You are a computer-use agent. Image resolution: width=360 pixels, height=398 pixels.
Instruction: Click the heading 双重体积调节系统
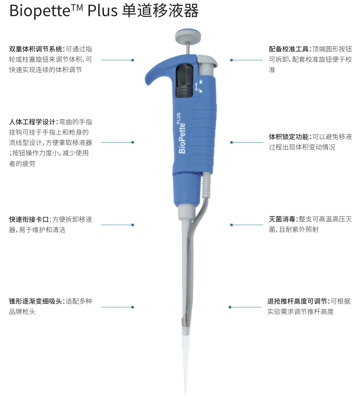[x=36, y=49]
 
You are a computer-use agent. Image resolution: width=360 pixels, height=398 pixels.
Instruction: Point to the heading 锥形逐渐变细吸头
[x=36, y=301]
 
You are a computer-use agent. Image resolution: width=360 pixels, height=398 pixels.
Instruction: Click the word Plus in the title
[x=102, y=11]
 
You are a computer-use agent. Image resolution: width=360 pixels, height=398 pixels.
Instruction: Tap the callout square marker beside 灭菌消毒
[x=231, y=225]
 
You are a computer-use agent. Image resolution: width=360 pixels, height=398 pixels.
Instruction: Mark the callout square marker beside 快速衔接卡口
[x=133, y=225]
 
